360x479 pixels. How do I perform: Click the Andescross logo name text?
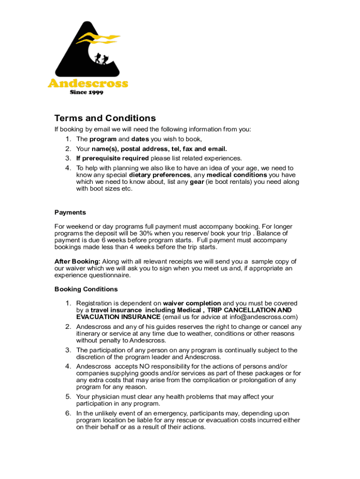[87, 84]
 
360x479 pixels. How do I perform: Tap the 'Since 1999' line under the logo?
[86, 92]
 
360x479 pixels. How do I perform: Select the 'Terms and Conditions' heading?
[105, 118]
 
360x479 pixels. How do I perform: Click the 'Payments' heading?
[70, 212]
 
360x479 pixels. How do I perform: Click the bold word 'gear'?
[197, 182]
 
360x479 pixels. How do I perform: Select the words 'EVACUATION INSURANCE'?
[118, 317]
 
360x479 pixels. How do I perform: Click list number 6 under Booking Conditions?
[68, 413]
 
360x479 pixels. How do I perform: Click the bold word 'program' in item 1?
[103, 139]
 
